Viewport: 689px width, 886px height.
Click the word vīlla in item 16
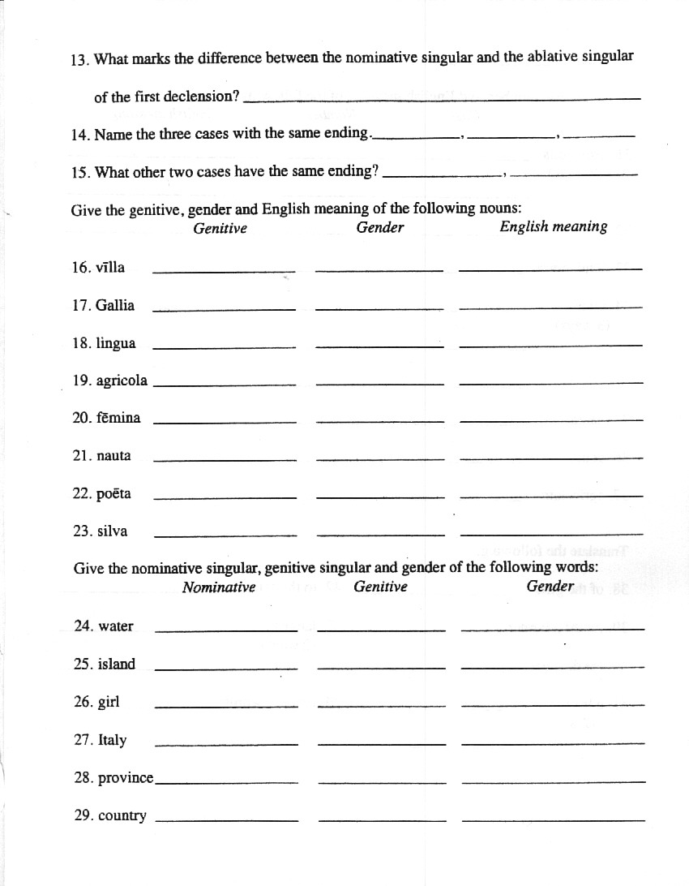click(110, 268)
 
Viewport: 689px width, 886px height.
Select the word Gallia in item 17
click(115, 306)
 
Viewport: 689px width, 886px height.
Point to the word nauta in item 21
click(113, 456)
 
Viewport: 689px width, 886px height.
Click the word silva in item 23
click(112, 531)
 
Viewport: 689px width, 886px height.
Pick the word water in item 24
click(116, 626)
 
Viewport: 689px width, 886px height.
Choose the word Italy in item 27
click(112, 740)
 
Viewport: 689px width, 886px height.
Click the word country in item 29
click(122, 816)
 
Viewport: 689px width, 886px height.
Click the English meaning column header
click(553, 227)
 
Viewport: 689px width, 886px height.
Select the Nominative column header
click(219, 587)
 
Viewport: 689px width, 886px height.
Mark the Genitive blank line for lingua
click(225, 346)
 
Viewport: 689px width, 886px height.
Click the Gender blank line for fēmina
click(379, 421)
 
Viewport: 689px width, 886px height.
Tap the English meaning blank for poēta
click(550, 496)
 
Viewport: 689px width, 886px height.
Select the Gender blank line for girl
click(552, 705)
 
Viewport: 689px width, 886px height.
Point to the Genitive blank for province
click(383, 782)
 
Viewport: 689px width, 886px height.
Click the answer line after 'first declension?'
click(442, 99)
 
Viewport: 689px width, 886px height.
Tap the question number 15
click(79, 173)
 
